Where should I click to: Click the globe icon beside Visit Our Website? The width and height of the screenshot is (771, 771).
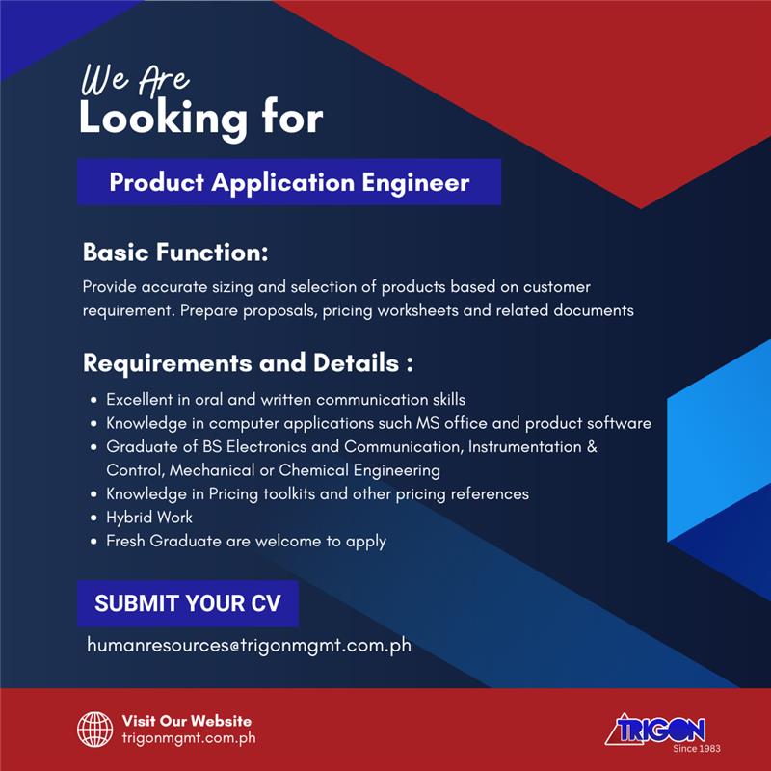pos(94,729)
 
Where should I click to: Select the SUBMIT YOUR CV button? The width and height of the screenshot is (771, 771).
pos(188,603)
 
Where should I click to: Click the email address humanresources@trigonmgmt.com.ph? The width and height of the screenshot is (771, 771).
pos(249,645)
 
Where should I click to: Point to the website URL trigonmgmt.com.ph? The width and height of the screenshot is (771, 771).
pos(189,738)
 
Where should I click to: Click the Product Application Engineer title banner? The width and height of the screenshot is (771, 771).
pos(289,182)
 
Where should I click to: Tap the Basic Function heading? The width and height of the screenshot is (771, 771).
pos(175,252)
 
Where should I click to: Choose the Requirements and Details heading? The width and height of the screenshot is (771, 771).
pos(248,363)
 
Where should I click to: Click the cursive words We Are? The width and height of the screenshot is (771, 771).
pos(135,80)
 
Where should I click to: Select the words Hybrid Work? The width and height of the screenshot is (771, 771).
pos(149,518)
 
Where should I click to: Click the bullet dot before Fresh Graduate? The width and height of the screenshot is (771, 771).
pos(93,542)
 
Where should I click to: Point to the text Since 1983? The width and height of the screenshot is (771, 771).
pos(697,749)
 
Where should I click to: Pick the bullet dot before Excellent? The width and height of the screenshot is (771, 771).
pos(93,400)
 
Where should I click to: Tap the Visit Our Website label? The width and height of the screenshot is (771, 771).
pos(187,721)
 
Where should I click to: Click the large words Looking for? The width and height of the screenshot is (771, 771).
pos(201,118)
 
